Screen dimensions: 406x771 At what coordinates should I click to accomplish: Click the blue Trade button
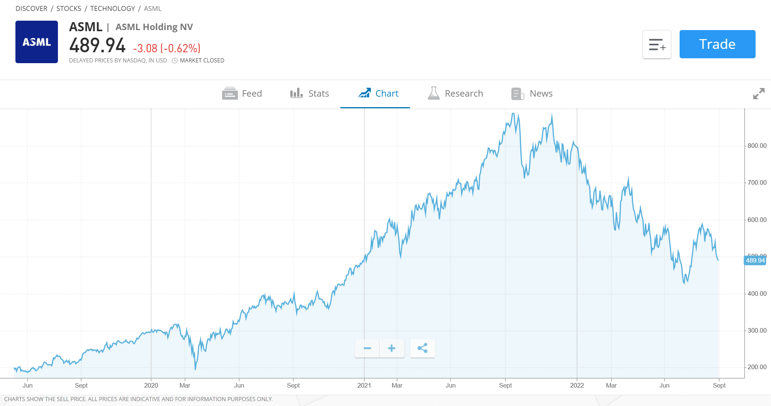717,44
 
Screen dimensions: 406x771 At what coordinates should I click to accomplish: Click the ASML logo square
36,42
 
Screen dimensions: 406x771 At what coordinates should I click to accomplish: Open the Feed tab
242,94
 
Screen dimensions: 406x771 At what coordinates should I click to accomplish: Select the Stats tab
310,94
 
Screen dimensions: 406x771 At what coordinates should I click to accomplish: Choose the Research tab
455,94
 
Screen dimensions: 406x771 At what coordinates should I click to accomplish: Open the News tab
532,94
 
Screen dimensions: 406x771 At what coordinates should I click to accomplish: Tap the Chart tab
378,94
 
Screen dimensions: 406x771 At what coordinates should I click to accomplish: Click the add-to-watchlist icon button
657,44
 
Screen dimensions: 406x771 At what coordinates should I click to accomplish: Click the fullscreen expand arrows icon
759,94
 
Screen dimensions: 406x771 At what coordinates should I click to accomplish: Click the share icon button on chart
422,348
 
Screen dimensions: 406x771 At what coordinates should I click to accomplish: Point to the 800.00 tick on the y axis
757,146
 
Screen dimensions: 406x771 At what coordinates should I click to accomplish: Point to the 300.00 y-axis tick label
757,330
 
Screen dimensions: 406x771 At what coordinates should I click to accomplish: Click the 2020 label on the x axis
151,385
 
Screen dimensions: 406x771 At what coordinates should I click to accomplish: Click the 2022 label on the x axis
577,385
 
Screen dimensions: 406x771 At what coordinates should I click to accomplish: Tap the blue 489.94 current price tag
755,261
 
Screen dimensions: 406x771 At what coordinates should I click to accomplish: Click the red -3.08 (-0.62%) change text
167,48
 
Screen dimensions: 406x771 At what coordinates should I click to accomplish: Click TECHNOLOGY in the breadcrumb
112,9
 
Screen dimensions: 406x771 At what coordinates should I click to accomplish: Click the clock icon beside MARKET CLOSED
175,61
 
